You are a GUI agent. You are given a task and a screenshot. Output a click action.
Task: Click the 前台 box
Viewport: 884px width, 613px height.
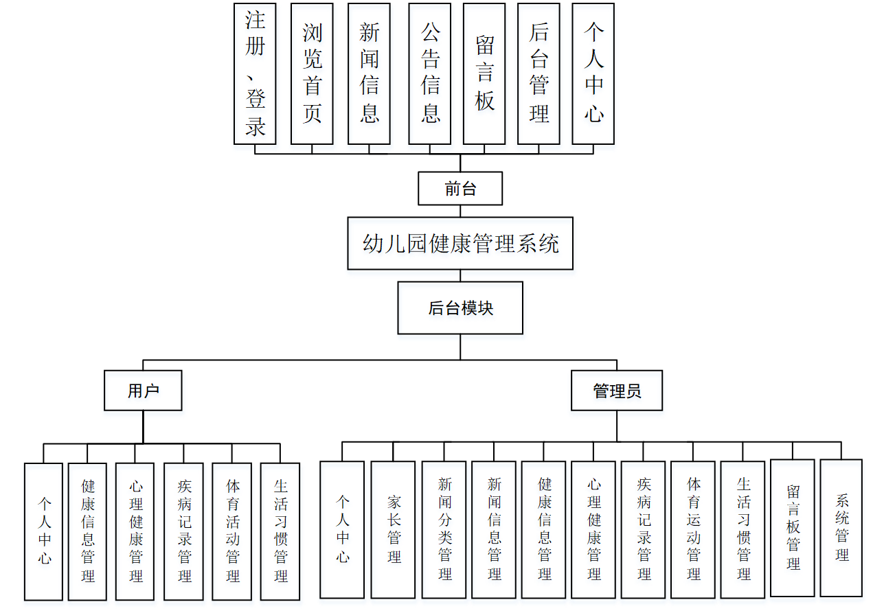[460, 188]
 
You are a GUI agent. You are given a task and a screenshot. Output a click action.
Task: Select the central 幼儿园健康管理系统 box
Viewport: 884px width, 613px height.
[460, 244]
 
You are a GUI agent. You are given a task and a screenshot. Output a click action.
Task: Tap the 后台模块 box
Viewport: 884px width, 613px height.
[460, 308]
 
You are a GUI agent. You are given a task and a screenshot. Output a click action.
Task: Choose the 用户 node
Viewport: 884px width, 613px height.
[143, 391]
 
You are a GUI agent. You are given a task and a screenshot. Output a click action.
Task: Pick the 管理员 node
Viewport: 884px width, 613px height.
[617, 391]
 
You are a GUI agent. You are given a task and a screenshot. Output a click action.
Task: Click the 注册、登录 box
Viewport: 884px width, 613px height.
[255, 73]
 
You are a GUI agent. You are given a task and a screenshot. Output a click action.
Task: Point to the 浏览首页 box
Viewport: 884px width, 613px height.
[312, 73]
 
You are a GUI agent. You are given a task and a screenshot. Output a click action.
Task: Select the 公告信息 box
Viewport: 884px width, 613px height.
[430, 73]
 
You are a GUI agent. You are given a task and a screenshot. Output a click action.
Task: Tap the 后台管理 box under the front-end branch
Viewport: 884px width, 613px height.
[539, 73]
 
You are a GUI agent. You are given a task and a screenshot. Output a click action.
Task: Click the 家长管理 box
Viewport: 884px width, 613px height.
[393, 529]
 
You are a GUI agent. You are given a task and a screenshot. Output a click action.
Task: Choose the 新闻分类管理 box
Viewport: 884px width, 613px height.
[444, 529]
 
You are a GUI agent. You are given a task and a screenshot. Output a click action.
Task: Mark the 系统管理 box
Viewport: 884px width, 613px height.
[841, 527]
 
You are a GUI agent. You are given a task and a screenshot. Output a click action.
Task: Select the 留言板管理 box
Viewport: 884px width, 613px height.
[793, 527]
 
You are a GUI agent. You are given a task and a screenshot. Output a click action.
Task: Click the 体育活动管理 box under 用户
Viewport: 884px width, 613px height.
[233, 531]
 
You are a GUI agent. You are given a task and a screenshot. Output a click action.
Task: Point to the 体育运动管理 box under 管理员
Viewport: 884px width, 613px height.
[693, 529]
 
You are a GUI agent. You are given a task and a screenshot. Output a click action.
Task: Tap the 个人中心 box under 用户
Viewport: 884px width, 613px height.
[44, 531]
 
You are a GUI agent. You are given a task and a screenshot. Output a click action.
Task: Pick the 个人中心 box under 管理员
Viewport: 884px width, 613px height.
[342, 529]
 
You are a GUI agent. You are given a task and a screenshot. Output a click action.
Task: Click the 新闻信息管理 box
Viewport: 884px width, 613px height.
[494, 529]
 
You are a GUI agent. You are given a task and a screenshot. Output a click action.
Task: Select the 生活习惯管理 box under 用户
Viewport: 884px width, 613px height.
[280, 531]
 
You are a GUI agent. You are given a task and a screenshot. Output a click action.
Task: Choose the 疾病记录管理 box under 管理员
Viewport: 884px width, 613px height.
[643, 529]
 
